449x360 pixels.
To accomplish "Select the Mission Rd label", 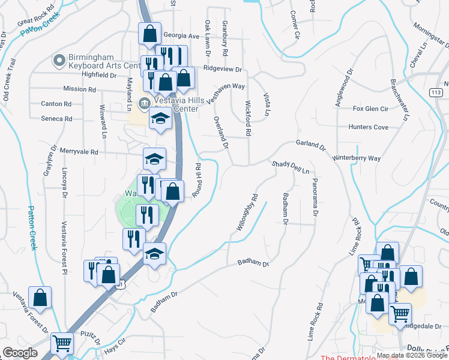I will [x=79, y=89].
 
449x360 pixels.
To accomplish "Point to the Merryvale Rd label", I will [x=79, y=152].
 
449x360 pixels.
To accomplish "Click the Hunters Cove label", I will [x=369, y=127].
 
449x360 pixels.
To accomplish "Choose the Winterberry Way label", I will [x=357, y=158].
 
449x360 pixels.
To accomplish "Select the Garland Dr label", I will [x=310, y=145].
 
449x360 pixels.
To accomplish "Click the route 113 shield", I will [x=436, y=92].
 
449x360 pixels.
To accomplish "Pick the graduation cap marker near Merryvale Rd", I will [x=154, y=160].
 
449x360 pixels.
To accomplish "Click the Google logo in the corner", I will [x=20, y=353].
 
